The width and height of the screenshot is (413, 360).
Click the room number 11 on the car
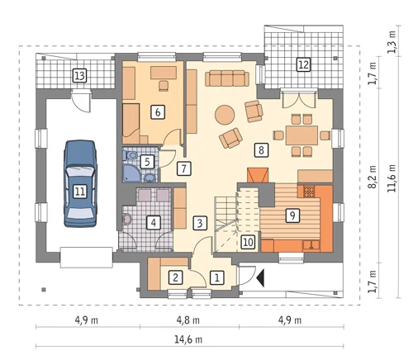80,191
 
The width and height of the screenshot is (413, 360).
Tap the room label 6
158,112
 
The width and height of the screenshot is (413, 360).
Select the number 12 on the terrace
303,65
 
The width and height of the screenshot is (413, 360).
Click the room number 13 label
79,76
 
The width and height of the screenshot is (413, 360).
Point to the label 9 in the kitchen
292,216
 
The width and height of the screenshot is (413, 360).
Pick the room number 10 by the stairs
248,242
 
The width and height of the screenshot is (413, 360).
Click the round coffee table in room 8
225,115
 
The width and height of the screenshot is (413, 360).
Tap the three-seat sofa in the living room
227,78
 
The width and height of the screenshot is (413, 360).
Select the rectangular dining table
301,135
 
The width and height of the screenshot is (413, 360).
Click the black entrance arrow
260,278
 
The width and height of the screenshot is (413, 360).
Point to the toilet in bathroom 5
131,155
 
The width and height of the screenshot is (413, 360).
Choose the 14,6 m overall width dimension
188,339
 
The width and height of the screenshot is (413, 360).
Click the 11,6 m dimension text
392,178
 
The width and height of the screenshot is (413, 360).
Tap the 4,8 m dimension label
188,320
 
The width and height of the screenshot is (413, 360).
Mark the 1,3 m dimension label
392,41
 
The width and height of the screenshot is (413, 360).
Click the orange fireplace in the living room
258,175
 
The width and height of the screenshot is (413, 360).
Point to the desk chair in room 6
164,85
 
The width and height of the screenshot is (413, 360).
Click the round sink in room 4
127,220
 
